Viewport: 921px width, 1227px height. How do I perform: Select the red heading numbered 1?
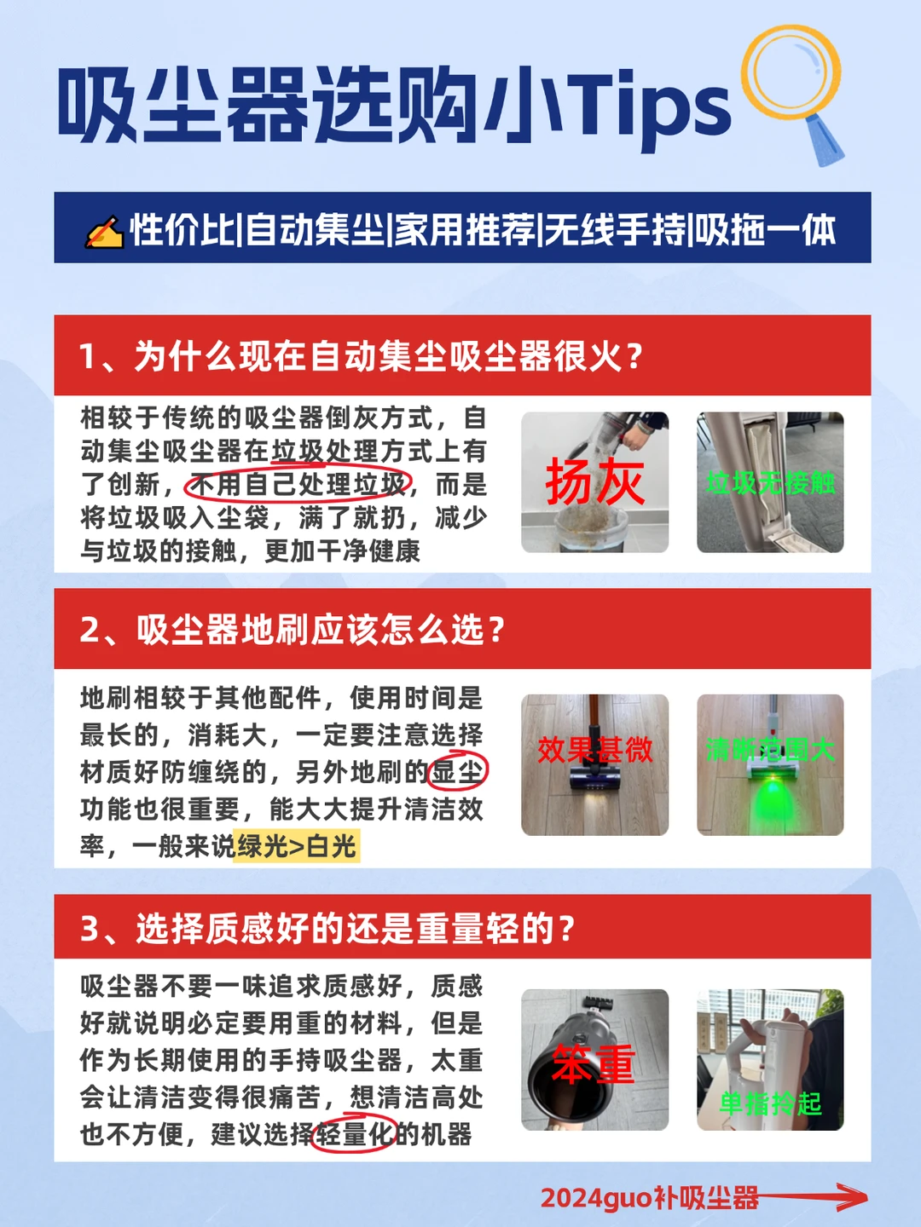pyautogui.click(x=362, y=355)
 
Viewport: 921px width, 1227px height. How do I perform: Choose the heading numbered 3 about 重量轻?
pyautogui.click(x=327, y=929)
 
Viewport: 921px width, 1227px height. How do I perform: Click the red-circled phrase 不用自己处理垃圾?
pyautogui.click(x=298, y=484)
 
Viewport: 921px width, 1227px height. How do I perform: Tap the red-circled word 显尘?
pyautogui.click(x=457, y=772)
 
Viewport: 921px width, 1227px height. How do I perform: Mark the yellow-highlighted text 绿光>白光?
pyautogui.click(x=297, y=845)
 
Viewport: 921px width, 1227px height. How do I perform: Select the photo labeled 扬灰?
pyautogui.click(x=595, y=482)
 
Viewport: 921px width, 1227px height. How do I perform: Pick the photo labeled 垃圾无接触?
pyautogui.click(x=770, y=482)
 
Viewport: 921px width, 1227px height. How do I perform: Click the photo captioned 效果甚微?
pyautogui.click(x=595, y=764)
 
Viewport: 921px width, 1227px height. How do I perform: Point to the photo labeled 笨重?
pyautogui.click(x=595, y=1060)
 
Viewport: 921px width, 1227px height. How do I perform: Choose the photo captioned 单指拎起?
pyautogui.click(x=770, y=1060)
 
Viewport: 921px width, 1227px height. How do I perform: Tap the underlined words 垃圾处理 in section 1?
pyautogui.click(x=325, y=452)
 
